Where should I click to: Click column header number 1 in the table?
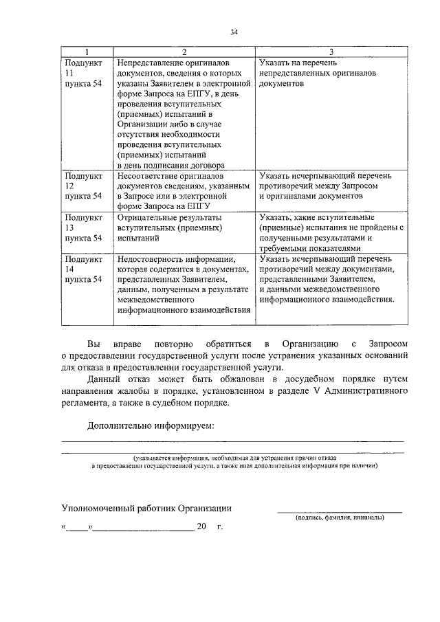tap(86, 52)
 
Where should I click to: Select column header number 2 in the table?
tap(184, 52)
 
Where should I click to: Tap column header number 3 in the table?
tap(331, 52)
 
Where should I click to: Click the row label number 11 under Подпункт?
tap(68, 72)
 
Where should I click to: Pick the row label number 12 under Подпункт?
tap(68, 186)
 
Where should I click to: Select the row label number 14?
tap(68, 269)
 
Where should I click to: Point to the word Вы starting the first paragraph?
tap(93, 343)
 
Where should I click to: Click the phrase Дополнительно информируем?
tap(151, 425)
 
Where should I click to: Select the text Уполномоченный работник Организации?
tap(146, 508)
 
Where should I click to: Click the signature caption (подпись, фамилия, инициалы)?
tap(340, 518)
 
